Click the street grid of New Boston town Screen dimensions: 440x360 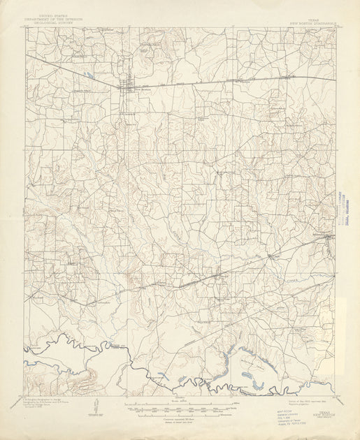pos(128,87)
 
